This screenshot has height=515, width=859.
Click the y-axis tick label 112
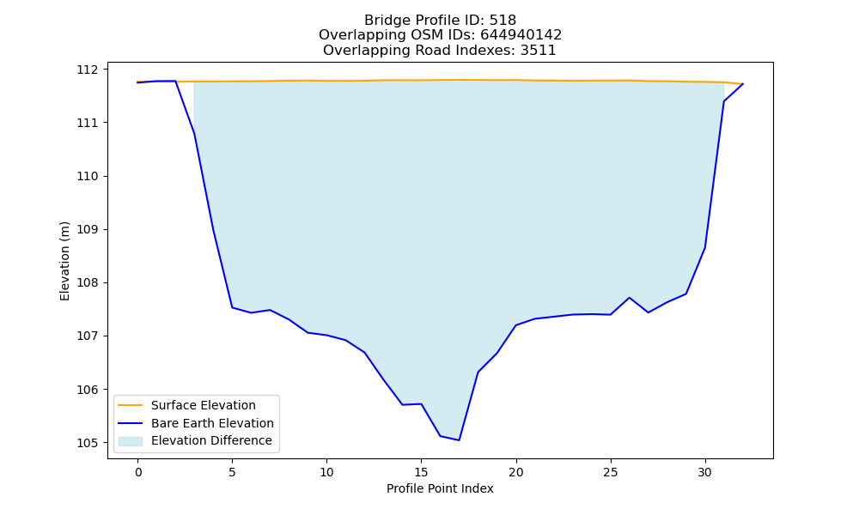87,70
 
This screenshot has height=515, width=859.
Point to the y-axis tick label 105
87,443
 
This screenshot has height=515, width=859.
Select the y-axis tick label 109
87,229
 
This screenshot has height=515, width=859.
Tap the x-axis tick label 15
421,472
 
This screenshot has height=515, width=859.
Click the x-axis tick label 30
705,472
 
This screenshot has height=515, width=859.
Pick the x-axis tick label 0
137,472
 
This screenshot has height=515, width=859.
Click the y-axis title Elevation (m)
64,261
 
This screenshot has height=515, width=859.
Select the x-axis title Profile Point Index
440,488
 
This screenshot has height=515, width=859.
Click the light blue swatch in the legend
131,441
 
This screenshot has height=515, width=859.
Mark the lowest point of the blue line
459,440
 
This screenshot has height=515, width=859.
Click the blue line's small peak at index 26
629,297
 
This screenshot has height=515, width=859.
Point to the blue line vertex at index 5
232,307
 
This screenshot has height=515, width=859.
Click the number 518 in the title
503,21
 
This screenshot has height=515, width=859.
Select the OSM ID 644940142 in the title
521,35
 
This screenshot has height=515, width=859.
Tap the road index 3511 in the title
539,51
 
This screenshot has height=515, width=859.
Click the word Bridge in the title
383,21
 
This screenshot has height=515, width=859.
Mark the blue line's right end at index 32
743,84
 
